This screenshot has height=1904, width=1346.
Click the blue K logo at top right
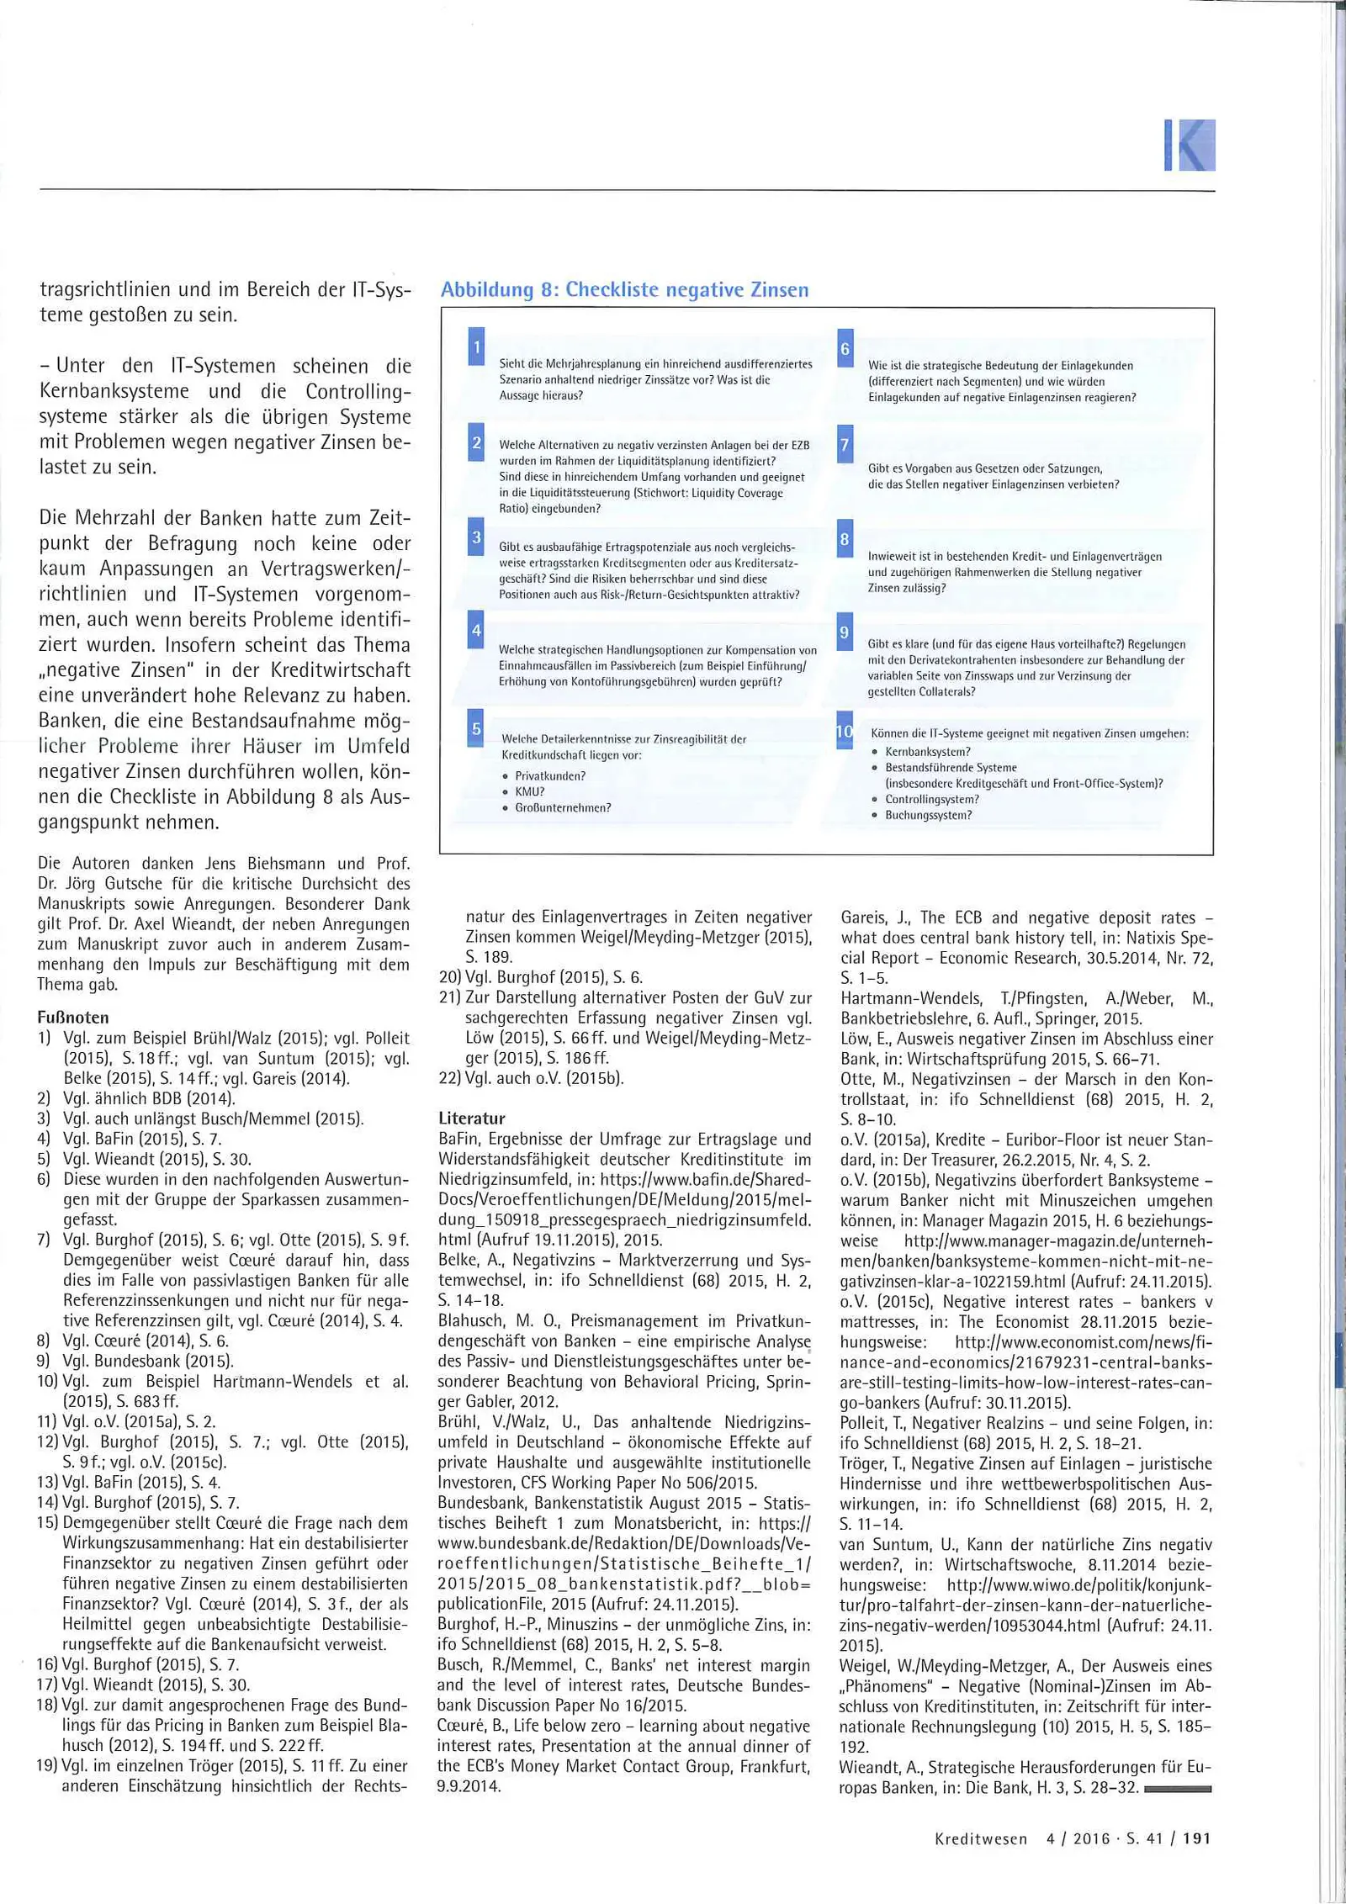tap(1190, 145)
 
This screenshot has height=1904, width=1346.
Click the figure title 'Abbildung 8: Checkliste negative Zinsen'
tap(624, 289)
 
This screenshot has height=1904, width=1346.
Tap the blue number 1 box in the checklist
tap(476, 346)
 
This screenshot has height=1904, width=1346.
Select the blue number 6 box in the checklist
tap(845, 348)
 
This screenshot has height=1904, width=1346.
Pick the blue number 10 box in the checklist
tap(845, 731)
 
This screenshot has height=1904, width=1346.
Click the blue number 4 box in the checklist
tap(476, 630)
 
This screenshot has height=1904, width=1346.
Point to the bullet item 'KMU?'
tap(529, 791)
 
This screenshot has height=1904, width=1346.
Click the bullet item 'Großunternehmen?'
tap(562, 807)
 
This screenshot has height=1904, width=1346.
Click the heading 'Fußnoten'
tap(73, 1017)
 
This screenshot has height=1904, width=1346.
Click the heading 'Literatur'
tap(472, 1118)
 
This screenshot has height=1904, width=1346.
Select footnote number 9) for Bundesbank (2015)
tap(44, 1361)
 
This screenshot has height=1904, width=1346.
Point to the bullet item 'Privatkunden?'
tap(549, 775)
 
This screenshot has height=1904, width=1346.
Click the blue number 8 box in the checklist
tap(845, 539)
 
